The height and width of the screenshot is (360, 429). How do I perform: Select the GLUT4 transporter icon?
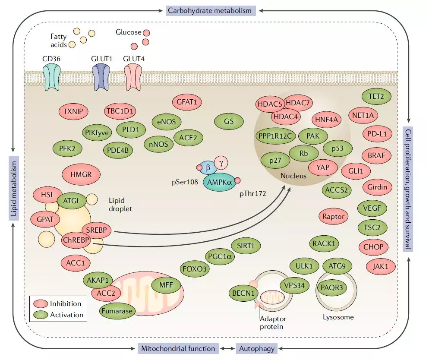pos(133,76)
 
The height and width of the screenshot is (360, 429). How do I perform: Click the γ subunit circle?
pos(221,164)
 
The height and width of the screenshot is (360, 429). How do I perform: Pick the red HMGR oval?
pos(82,174)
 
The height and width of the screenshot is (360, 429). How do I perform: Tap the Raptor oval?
pos(334,216)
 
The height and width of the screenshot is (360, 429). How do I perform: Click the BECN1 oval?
pos(244,293)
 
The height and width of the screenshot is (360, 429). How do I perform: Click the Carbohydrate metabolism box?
pos(209,10)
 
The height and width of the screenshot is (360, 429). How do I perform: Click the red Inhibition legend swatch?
pos(40,304)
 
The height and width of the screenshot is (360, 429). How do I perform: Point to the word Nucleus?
pos(293,176)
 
